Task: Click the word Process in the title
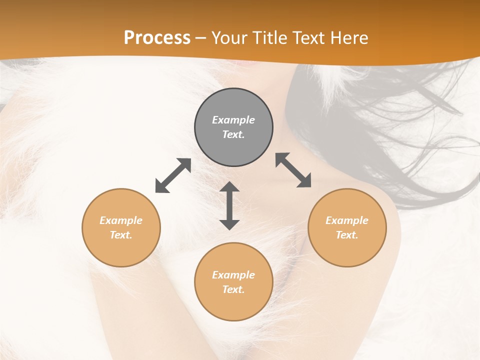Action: [x=157, y=38]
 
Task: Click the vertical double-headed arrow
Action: [x=229, y=205]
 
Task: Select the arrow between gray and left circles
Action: [x=173, y=175]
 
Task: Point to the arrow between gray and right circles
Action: [x=293, y=170]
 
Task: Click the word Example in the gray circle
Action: [x=233, y=120]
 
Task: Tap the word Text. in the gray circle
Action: [x=233, y=134]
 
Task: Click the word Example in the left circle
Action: [x=121, y=220]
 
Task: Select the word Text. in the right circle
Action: [x=347, y=235]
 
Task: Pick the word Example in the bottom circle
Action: [x=233, y=275]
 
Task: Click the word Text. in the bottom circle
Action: [x=233, y=289]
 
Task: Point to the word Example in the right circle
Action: [x=347, y=220]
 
